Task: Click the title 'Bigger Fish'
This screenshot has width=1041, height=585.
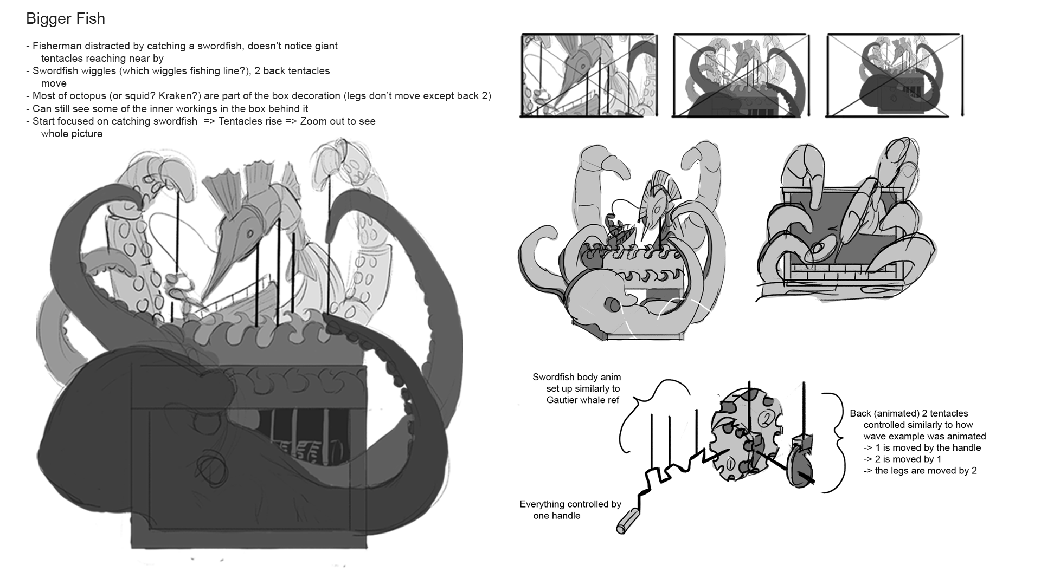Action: coord(66,19)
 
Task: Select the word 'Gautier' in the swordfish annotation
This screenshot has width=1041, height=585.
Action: coord(564,400)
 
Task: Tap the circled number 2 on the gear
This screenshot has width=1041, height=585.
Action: coord(766,417)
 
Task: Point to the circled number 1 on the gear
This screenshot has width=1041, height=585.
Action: coord(730,464)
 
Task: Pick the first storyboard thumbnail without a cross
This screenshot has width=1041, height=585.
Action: coord(589,75)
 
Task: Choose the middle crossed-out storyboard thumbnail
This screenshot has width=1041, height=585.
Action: coord(742,75)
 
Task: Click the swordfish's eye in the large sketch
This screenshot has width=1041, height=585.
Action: coord(250,233)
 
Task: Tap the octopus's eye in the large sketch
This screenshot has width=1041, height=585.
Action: coord(207,465)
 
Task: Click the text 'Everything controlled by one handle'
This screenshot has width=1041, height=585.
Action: coord(570,510)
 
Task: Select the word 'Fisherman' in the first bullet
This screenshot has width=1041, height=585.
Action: coord(56,46)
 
